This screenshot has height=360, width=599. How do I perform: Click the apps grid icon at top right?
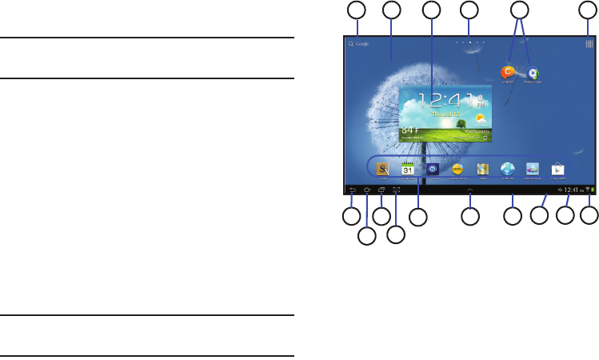point(589,45)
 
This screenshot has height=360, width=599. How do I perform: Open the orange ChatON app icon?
point(507,72)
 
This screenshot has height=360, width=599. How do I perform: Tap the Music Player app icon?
point(533,73)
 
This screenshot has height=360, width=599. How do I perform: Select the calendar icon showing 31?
point(407,169)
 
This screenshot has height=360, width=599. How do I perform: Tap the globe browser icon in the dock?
point(507,169)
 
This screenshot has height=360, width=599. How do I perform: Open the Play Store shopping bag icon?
point(557,169)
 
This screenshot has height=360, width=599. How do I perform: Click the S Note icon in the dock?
point(383,169)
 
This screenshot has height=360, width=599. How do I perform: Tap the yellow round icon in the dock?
point(457,169)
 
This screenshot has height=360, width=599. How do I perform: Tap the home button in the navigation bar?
point(366,190)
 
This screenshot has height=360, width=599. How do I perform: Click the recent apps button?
point(381,190)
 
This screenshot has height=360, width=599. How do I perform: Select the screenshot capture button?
point(396,190)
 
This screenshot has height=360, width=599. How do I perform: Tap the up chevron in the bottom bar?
point(470,190)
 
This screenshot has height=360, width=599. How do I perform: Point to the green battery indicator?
point(593,190)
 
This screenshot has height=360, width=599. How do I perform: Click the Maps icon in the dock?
point(482,169)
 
